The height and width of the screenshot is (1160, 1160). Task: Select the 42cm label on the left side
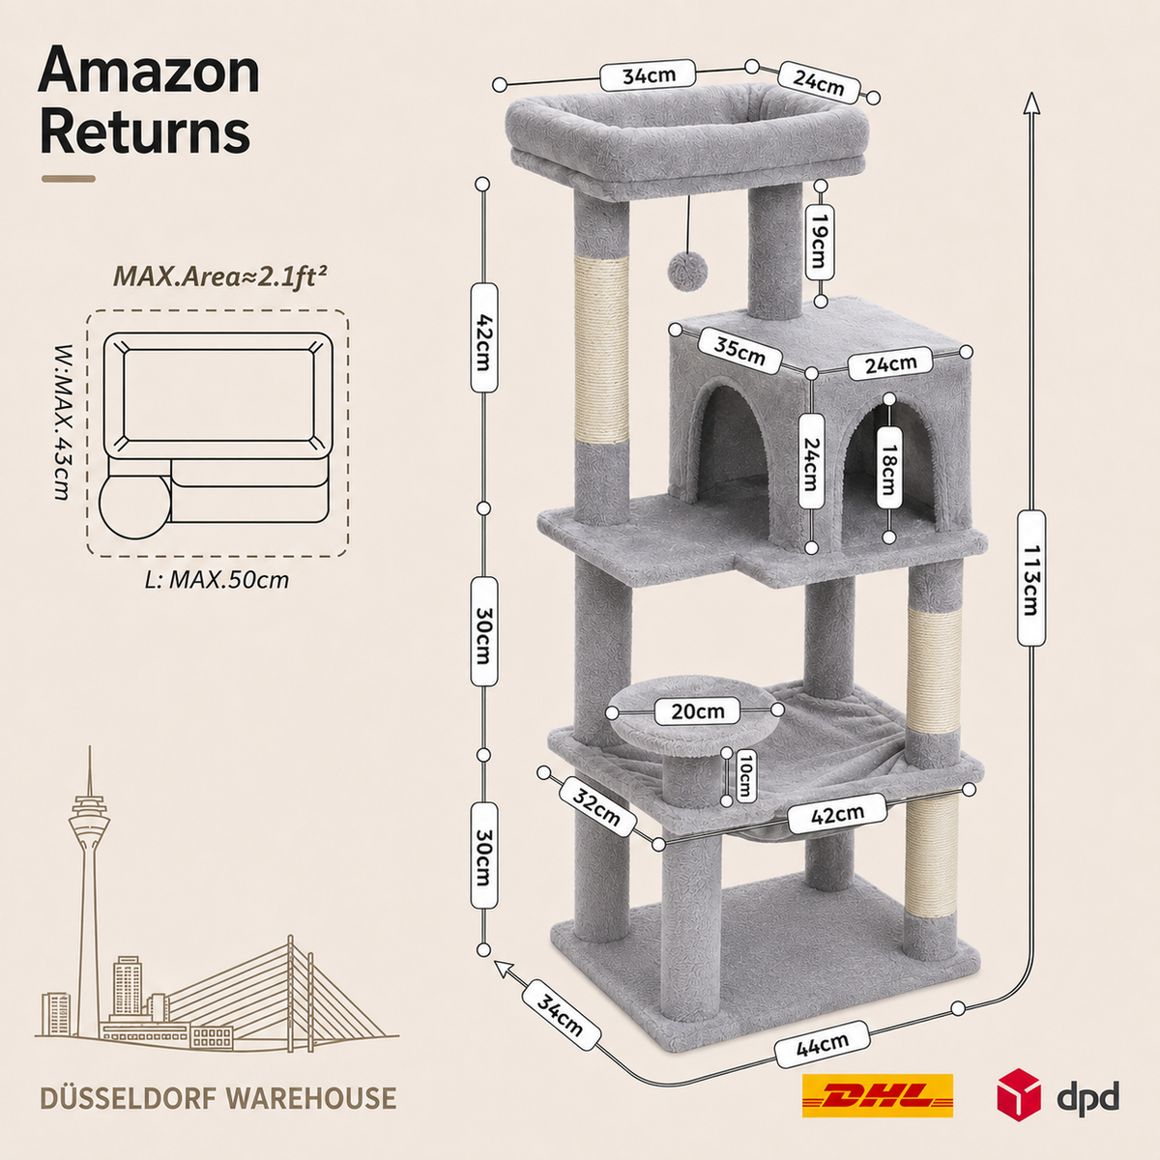click(x=483, y=338)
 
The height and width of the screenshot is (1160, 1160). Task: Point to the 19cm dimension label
click(x=820, y=242)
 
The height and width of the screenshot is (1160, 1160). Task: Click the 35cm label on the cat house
click(x=739, y=351)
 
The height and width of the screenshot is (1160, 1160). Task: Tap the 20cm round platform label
click(x=698, y=710)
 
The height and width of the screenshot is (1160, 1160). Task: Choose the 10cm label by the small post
click(x=744, y=776)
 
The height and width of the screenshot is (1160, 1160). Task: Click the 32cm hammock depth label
click(x=596, y=808)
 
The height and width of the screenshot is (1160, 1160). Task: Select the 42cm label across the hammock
click(x=837, y=814)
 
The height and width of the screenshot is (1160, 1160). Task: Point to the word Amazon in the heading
click(x=149, y=73)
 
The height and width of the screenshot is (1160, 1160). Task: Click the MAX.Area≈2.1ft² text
click(x=220, y=277)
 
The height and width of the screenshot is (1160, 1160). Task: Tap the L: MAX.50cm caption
click(x=217, y=580)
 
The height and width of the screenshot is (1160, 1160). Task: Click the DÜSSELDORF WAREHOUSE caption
click(x=218, y=1097)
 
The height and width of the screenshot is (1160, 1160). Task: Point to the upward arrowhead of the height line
click(x=1031, y=102)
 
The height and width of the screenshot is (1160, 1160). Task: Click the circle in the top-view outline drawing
click(x=134, y=504)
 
